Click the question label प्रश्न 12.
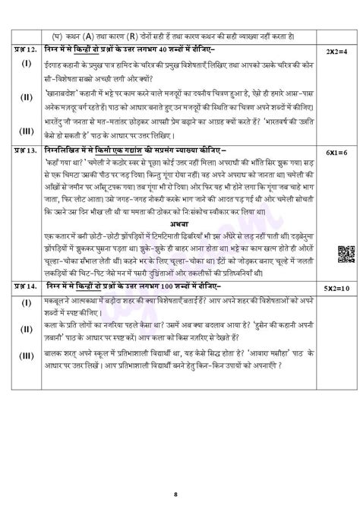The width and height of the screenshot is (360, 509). coord(25,49)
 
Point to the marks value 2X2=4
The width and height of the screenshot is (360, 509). coord(336,49)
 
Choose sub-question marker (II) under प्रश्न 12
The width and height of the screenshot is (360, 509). coord(26,97)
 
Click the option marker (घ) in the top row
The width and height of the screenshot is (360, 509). coord(57,35)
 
